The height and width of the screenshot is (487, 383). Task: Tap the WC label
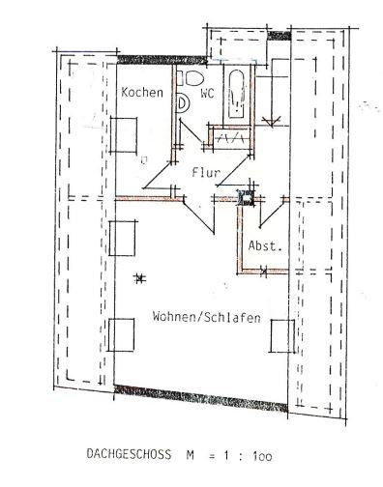pos(207,95)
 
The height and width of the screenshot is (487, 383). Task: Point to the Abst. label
pos(264,245)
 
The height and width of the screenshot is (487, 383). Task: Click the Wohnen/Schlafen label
pos(205,317)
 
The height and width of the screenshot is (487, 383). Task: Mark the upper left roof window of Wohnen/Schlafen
pos(122,236)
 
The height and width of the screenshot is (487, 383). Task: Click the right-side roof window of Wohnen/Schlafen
pos(280,336)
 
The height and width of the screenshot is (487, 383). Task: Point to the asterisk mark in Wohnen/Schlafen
pos(142,278)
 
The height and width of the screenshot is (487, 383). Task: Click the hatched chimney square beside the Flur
pos(245,200)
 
